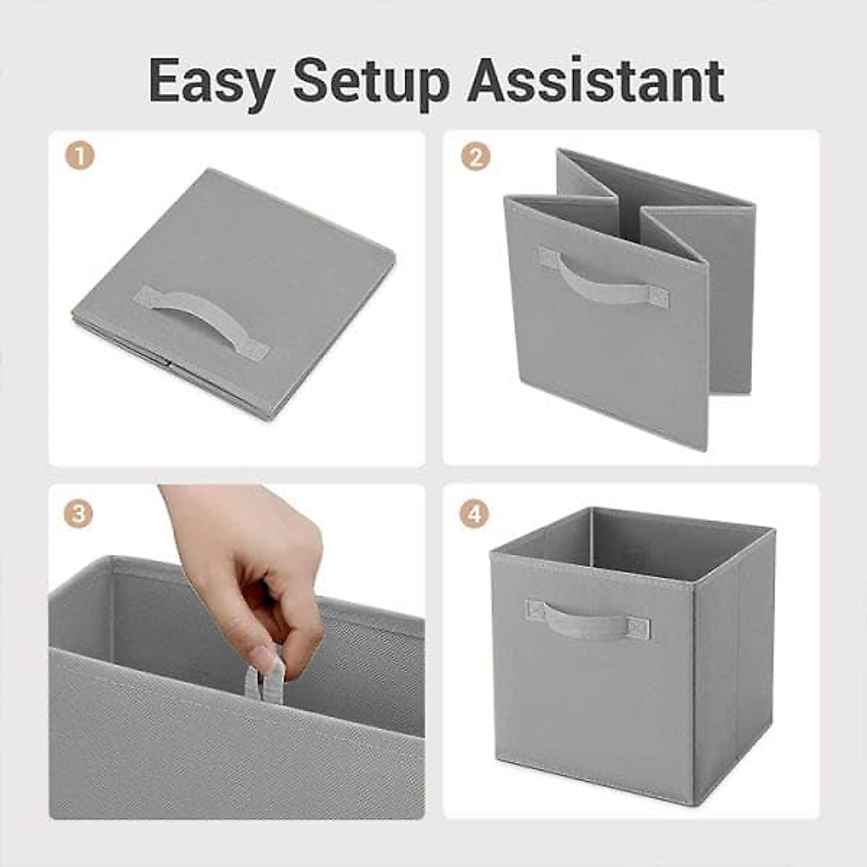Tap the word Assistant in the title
click(595, 81)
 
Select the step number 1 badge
click(79, 155)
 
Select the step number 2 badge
click(475, 155)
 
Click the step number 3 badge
click(79, 514)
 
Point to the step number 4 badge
click(475, 514)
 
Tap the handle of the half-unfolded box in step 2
click(603, 278)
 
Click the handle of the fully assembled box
click(587, 620)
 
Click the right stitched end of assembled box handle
click(637, 629)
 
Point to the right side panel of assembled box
click(733, 665)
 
